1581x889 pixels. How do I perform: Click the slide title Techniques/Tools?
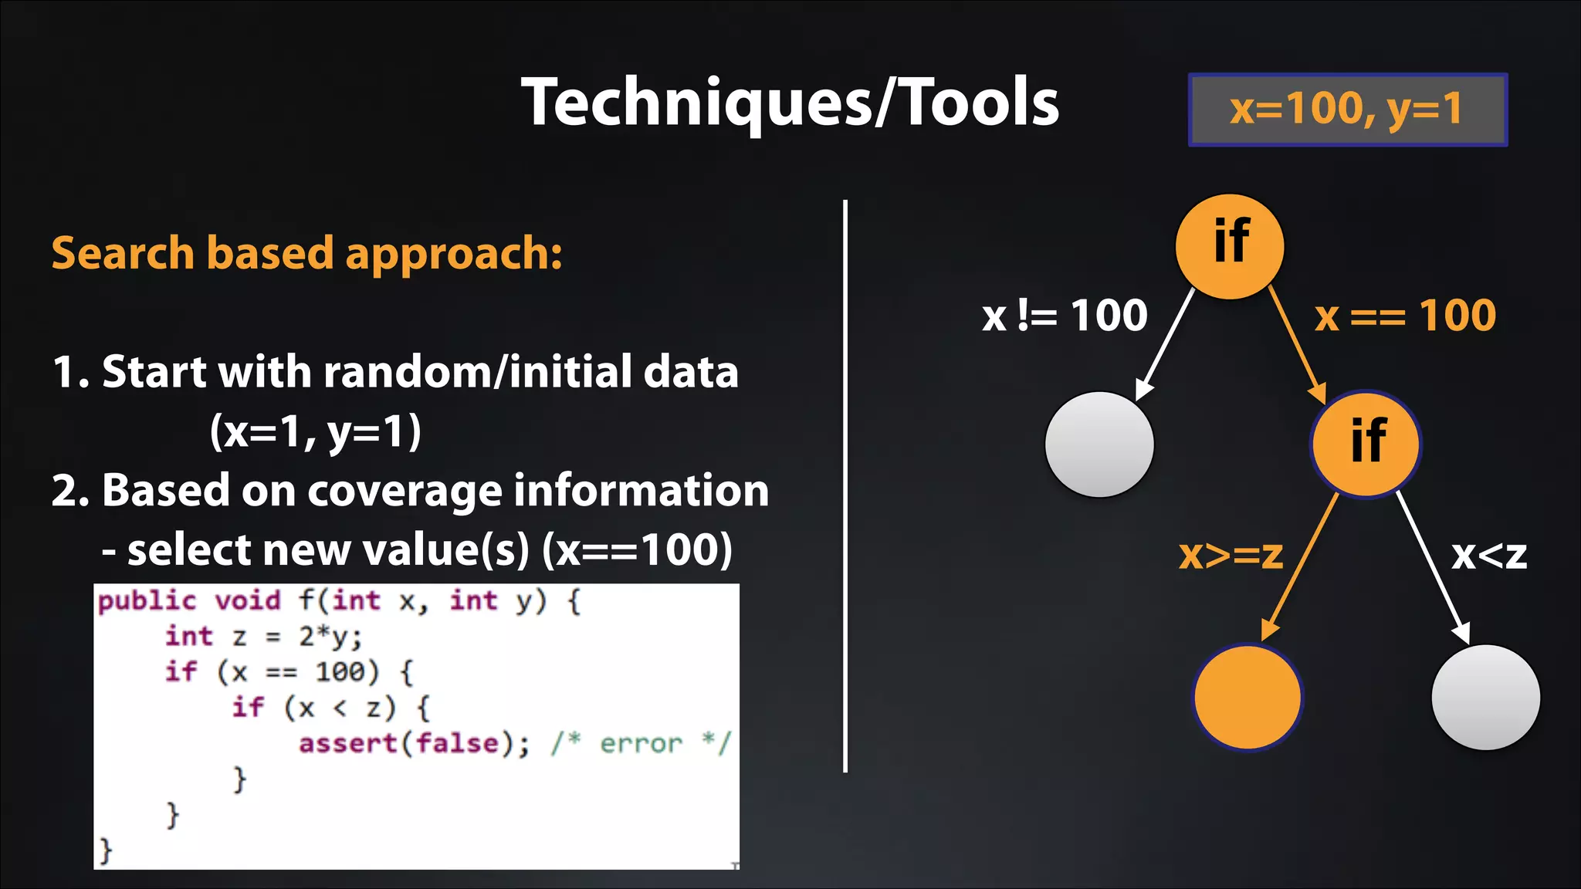(x=790, y=103)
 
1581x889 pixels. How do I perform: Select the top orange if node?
(x=1230, y=246)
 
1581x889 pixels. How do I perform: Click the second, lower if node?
(x=1366, y=444)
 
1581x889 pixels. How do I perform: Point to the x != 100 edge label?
(x=1065, y=316)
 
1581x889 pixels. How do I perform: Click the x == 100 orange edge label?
(x=1405, y=316)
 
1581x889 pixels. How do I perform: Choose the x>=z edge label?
(x=1231, y=555)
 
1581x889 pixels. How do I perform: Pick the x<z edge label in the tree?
(x=1488, y=555)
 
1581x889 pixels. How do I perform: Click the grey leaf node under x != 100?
(x=1099, y=444)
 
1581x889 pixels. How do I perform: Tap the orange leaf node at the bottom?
(x=1247, y=697)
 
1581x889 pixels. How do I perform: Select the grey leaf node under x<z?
(x=1485, y=697)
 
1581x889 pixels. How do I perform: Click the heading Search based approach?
(x=306, y=253)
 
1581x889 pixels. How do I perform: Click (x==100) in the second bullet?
(x=637, y=550)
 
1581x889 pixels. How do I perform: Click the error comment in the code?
(x=641, y=743)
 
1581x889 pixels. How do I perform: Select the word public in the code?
(x=147, y=600)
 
